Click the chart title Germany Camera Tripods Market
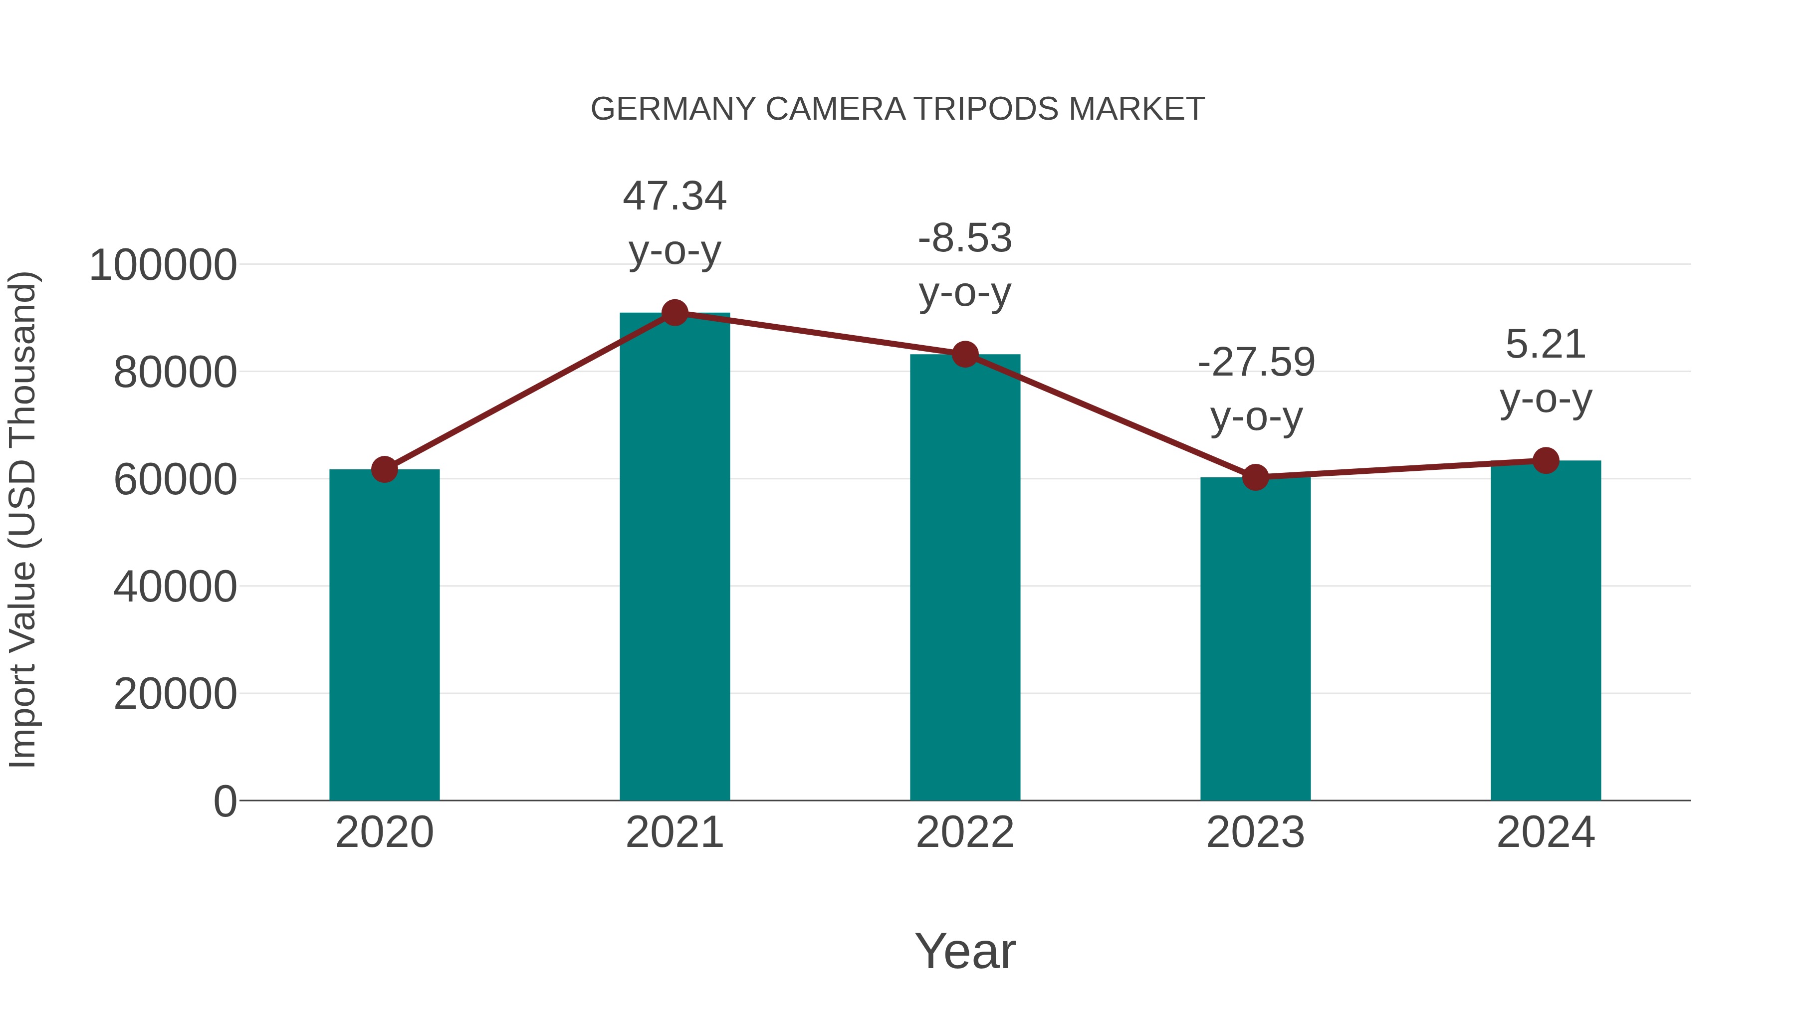tap(898, 109)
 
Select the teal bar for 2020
tap(384, 634)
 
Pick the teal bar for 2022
tap(965, 579)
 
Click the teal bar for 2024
tap(1546, 631)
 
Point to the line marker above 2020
tap(384, 469)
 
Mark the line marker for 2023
tap(1255, 477)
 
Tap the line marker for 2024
tap(1546, 460)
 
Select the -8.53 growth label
tap(965, 264)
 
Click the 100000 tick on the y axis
tap(163, 265)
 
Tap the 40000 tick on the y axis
tap(175, 587)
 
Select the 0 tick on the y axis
tap(224, 802)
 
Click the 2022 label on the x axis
tap(965, 833)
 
